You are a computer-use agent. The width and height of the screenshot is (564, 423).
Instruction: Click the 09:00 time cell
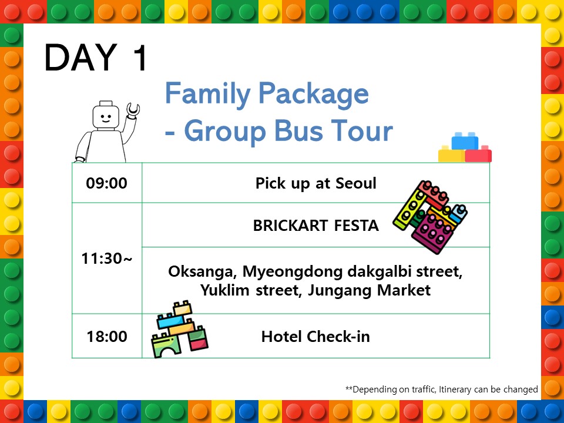(106, 183)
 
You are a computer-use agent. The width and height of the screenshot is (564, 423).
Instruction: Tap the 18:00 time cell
(107, 337)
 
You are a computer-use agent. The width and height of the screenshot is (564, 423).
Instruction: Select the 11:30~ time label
(107, 258)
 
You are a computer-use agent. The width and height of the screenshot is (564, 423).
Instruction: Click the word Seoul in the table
(356, 183)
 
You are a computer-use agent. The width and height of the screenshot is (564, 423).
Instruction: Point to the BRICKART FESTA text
(316, 226)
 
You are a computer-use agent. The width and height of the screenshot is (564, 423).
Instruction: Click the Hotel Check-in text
(315, 337)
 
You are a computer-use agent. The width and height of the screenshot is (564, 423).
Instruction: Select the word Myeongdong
(293, 272)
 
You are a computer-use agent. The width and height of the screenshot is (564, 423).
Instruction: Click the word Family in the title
(208, 93)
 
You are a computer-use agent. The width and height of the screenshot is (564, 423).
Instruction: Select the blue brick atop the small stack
(465, 141)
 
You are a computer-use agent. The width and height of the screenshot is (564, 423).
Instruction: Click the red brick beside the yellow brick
(478, 155)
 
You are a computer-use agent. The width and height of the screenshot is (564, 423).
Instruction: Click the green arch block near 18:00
(166, 345)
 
